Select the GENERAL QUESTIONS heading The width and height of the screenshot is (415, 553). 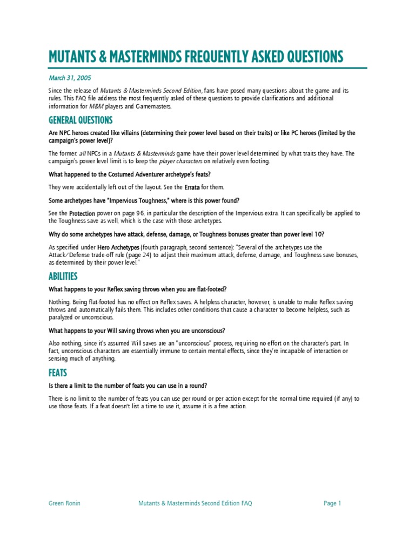pos(81,119)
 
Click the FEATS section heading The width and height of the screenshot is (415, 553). pos(58,373)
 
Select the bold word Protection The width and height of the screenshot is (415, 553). pos(82,213)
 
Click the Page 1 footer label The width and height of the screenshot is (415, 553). pos(332,503)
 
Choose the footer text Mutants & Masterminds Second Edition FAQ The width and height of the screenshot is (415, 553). pos(196,503)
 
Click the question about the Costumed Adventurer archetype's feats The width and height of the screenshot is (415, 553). pos(130,174)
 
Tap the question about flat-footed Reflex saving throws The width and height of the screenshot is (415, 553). pos(138,289)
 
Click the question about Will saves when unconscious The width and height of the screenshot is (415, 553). pos(137,330)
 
